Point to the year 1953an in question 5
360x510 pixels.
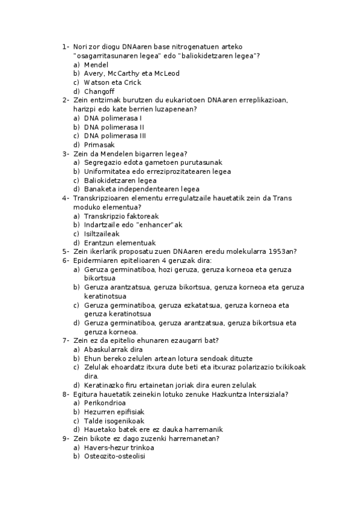(x=281, y=251)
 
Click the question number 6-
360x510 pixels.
(x=66, y=260)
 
